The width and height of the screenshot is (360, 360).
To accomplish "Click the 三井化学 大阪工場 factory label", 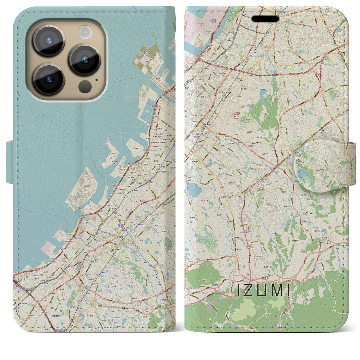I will tap(214, 20).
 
